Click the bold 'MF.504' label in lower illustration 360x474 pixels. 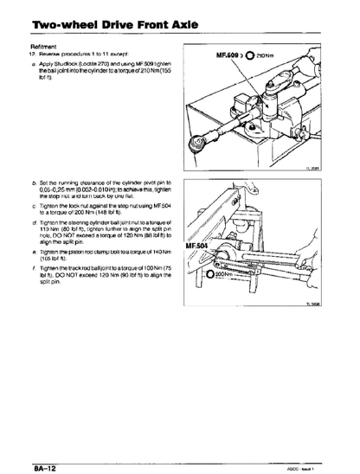point(198,246)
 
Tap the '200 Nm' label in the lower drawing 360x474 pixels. point(221,276)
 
